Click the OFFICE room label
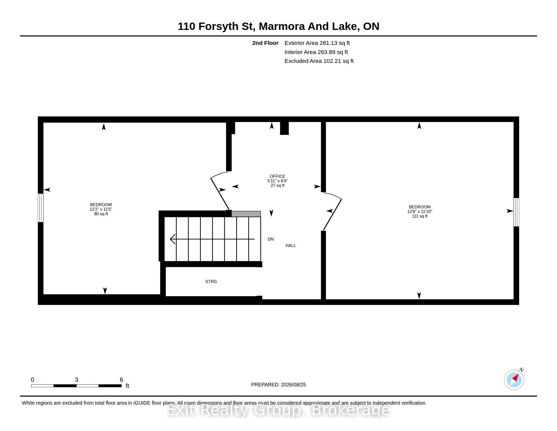[277, 176]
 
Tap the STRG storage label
[211, 281]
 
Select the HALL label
[291, 245]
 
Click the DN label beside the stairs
[271, 239]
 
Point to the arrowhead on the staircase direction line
[172, 239]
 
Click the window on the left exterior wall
[41, 208]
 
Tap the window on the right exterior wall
[516, 212]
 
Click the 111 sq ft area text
[420, 216]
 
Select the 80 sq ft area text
[101, 214]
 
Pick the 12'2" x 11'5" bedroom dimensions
[101, 209]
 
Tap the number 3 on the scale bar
[76, 380]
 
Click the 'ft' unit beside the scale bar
[128, 386]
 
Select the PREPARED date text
[278, 385]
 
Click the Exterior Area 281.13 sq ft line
[317, 43]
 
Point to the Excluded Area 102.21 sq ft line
[319, 61]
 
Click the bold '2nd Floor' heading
[265, 43]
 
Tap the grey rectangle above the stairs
[246, 214]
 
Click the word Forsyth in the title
[218, 26]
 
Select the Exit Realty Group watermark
[278, 410]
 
